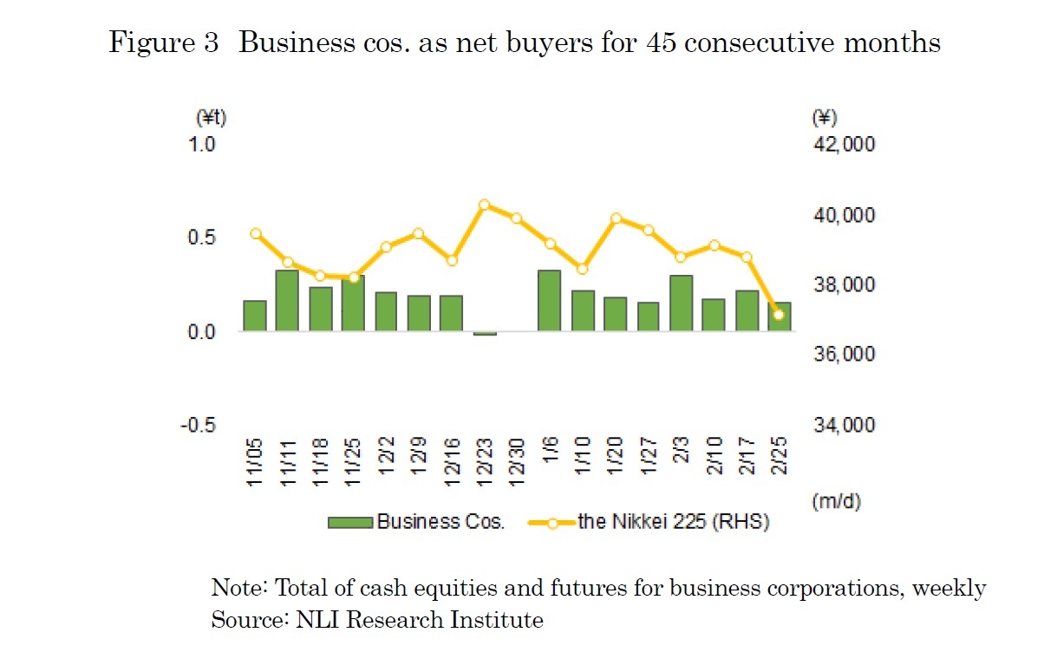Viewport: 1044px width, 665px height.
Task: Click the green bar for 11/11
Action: point(287,300)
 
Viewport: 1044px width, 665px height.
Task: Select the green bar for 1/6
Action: point(549,300)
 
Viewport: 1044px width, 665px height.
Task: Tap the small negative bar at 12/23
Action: point(485,333)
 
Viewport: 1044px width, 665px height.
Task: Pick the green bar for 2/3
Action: point(681,303)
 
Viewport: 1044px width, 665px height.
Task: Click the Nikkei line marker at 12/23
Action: point(485,205)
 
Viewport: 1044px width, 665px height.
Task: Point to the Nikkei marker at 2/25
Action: point(779,315)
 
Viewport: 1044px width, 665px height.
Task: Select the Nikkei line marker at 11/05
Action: point(256,233)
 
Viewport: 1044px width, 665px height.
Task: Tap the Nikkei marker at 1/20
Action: point(616,218)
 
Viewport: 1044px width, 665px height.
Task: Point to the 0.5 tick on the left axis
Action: point(202,238)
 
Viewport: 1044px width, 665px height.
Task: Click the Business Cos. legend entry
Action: point(415,522)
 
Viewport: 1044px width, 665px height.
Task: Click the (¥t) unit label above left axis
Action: point(205,117)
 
